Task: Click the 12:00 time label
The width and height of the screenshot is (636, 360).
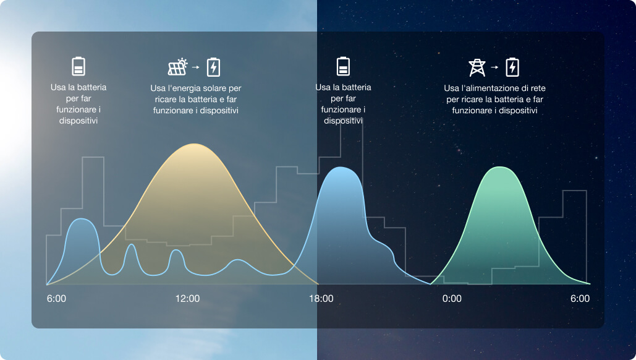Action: point(187,299)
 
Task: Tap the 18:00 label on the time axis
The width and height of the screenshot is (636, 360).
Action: point(321,299)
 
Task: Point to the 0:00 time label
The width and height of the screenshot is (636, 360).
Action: point(452,299)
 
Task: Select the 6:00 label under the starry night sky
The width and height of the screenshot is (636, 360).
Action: point(580,299)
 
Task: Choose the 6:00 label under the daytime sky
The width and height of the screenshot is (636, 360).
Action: point(56,299)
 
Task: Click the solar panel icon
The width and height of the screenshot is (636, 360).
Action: point(177,67)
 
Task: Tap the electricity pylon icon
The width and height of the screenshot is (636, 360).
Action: point(477,67)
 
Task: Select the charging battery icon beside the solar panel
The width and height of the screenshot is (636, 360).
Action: point(213,67)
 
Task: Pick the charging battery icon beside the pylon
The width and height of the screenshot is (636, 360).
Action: point(512,67)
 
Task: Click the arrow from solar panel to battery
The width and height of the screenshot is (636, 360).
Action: point(195,67)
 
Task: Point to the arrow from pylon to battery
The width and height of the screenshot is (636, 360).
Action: point(494,67)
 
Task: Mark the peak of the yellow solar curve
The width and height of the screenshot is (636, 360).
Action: point(194,144)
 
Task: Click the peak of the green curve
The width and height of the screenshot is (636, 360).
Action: point(500,167)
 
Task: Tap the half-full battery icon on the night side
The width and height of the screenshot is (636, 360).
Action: point(343,66)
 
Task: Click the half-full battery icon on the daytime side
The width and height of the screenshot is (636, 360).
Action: point(78,66)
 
